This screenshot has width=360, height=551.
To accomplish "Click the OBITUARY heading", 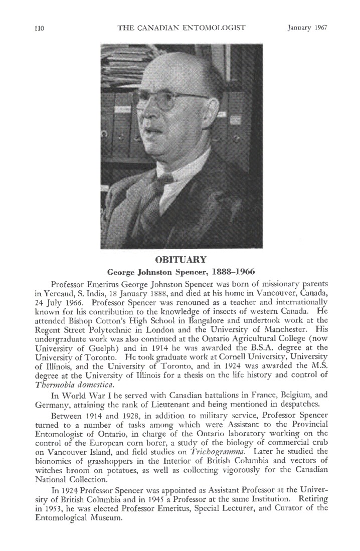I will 181,261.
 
